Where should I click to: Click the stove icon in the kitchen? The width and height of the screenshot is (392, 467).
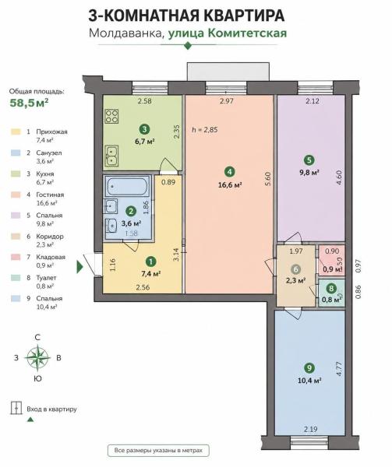click(111, 116)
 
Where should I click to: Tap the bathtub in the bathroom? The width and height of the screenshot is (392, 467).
click(127, 187)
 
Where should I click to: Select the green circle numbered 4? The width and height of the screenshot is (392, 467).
click(230, 172)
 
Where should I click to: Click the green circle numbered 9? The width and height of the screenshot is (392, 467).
click(309, 368)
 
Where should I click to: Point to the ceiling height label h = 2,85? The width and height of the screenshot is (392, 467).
click(205, 129)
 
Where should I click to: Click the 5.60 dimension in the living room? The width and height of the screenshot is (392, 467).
click(268, 179)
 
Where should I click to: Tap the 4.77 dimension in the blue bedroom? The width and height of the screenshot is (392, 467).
click(339, 369)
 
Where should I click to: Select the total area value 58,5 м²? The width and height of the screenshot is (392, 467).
click(29, 103)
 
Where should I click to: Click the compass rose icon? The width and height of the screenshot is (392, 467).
click(37, 357)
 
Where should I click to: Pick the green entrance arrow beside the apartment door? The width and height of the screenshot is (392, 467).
click(80, 266)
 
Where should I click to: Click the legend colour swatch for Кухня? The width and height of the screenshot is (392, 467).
click(16, 174)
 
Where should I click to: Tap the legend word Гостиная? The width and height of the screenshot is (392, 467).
click(50, 195)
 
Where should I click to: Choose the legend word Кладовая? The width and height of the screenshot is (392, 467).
click(51, 257)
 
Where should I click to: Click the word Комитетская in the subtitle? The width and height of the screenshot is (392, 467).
click(247, 33)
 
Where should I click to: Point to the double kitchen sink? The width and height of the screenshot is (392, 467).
click(111, 156)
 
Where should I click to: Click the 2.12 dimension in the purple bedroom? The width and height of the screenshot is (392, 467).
click(312, 101)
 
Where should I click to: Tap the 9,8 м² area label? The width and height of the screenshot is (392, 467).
click(309, 173)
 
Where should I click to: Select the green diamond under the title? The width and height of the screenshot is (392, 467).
click(188, 46)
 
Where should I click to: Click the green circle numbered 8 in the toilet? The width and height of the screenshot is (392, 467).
click(331, 288)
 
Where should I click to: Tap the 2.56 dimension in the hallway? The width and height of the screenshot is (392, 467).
click(143, 287)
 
